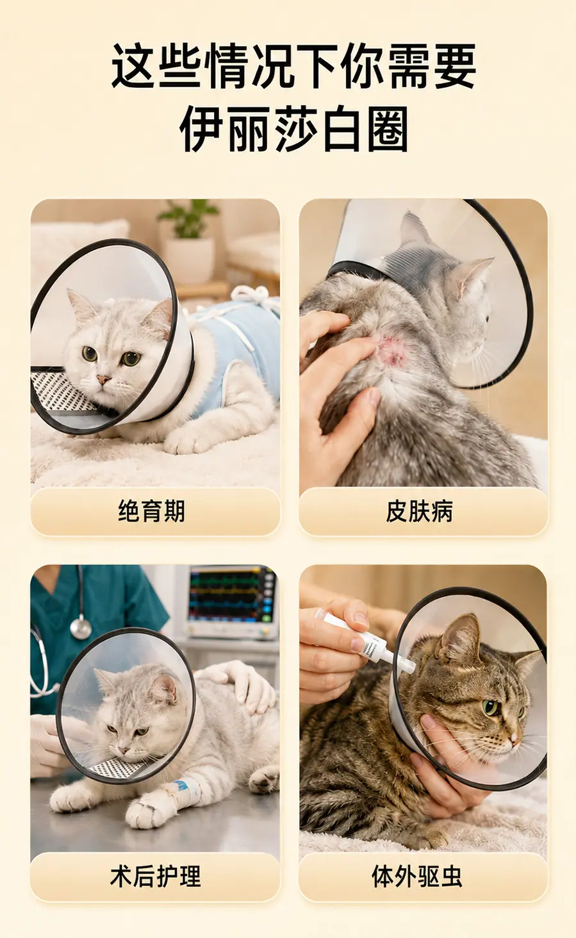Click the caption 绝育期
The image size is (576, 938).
(151, 511)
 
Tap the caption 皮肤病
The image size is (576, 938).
(419, 511)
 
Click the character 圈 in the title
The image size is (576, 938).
(388, 129)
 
